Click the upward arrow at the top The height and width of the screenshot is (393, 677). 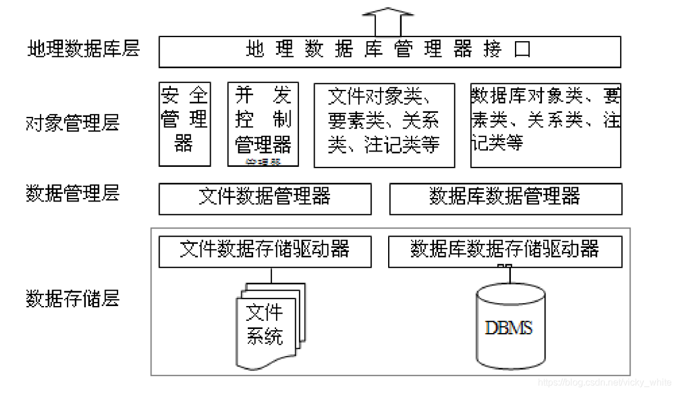[388, 21]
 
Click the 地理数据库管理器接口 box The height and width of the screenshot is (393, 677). [389, 52]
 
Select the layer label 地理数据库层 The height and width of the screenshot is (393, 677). [84, 48]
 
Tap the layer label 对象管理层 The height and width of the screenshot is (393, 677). [73, 123]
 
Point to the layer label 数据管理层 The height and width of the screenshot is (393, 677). [73, 193]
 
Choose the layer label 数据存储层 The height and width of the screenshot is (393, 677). [73, 298]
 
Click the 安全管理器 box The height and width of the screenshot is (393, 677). [184, 125]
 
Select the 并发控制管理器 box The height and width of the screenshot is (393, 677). [263, 125]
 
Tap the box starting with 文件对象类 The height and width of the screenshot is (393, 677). [384, 125]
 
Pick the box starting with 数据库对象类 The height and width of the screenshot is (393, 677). [545, 125]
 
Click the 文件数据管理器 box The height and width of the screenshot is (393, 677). [265, 199]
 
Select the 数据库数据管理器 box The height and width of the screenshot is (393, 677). [506, 199]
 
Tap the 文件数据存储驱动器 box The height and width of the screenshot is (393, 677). [265, 251]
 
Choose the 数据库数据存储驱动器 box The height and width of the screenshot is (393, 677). [505, 251]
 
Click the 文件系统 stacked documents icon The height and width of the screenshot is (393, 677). [270, 324]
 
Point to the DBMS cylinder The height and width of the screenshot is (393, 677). [509, 325]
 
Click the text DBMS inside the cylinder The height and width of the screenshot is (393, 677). [508, 327]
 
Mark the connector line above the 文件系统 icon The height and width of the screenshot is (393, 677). [271, 275]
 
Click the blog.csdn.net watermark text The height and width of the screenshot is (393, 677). [604, 383]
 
